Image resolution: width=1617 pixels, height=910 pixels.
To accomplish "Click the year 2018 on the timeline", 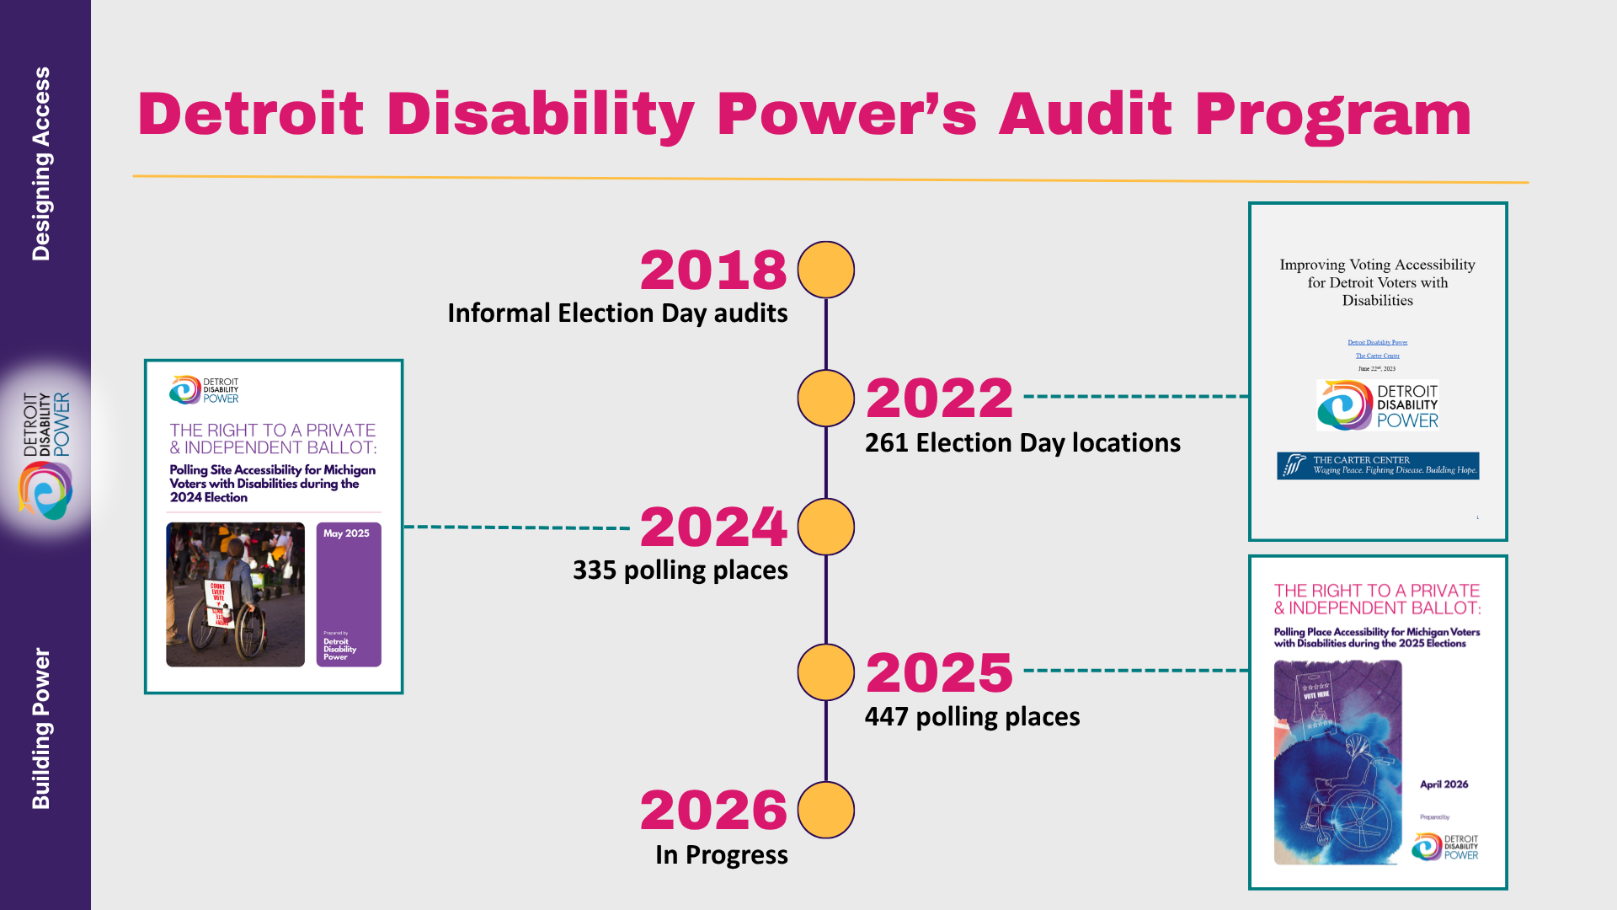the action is (712, 270).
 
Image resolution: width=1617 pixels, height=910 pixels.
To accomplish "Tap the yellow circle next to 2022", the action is (825, 398).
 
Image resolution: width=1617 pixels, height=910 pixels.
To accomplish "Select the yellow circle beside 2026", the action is (825, 810).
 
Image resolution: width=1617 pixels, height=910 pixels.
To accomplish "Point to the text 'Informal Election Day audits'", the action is (617, 313).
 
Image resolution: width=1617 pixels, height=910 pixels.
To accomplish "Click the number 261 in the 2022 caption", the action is (886, 443).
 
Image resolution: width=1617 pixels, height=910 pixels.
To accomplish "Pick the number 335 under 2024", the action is (594, 570).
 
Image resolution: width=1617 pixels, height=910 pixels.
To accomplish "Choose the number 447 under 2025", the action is (886, 717).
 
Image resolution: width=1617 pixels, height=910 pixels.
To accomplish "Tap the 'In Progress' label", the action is (721, 855).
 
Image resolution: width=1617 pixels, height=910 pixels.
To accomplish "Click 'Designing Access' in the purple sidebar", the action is (40, 163).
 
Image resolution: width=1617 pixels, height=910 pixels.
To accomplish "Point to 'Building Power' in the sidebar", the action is (40, 728).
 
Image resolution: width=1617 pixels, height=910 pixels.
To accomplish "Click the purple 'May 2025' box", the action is (349, 594).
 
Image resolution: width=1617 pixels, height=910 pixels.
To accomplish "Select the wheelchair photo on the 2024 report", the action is (235, 594).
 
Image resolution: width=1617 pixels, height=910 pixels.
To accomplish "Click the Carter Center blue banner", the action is (1377, 465).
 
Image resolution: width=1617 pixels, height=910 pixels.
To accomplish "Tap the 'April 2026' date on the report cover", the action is (1444, 784).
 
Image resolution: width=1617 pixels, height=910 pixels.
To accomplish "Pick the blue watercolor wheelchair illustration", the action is (1337, 763).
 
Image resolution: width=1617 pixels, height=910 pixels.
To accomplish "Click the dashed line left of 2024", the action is (517, 527).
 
